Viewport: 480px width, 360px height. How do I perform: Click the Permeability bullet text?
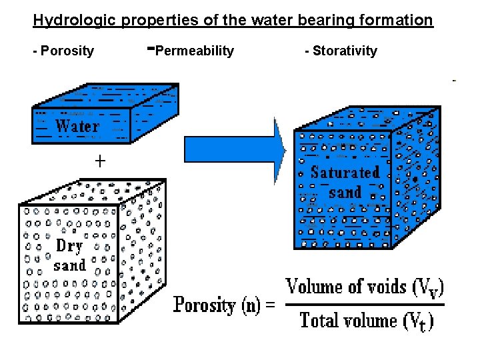click(194, 51)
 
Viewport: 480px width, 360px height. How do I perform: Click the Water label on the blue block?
click(77, 126)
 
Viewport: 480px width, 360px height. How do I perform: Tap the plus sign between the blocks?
click(100, 161)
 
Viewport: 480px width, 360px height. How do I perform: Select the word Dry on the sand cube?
click(69, 246)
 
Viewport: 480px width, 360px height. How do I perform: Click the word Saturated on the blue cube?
click(345, 172)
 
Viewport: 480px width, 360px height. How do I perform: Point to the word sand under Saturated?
click(345, 193)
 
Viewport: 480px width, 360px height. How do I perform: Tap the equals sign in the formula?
click(269, 306)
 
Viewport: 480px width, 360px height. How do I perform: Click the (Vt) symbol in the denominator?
click(419, 321)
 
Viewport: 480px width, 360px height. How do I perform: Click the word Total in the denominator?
click(320, 321)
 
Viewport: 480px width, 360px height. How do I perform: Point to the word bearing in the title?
click(313, 21)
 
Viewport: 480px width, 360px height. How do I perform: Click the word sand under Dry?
click(70, 265)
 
